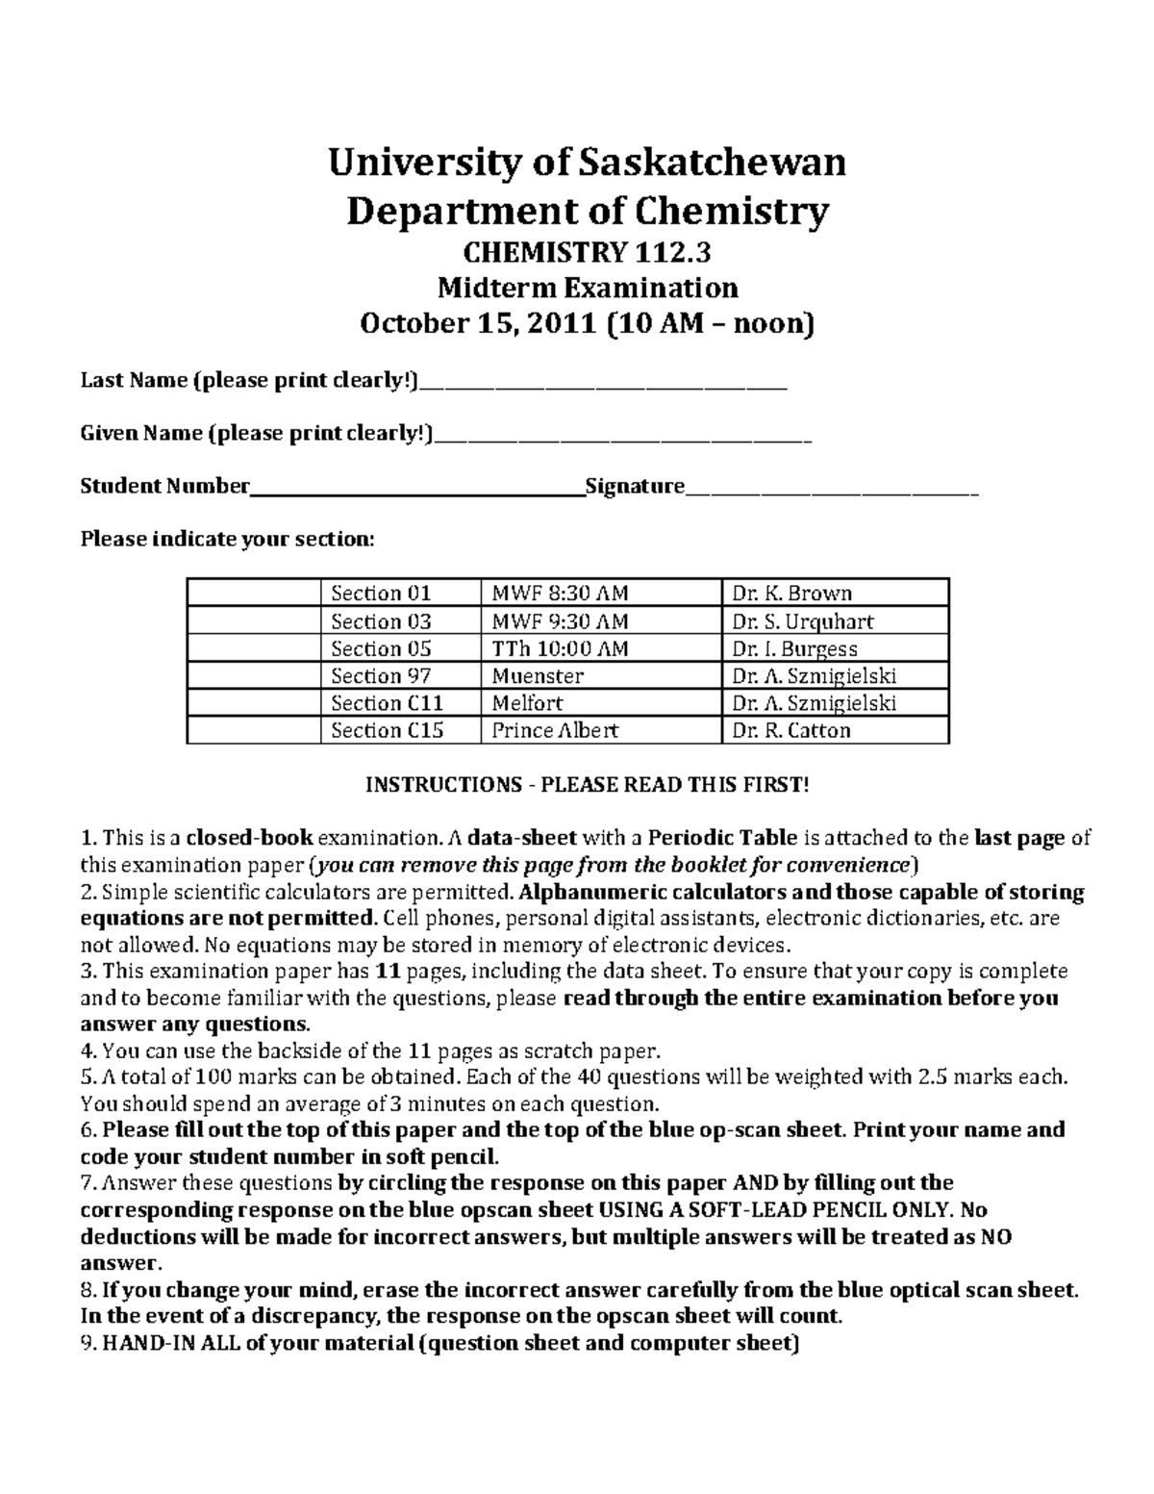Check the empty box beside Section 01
pos(253,593)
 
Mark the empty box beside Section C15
pos(253,730)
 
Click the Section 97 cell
pos(399,675)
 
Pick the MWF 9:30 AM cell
pos(600,620)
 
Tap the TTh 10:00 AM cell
pos(600,648)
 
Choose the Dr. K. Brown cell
pos(834,593)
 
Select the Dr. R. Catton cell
pos(834,730)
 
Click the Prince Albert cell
pos(600,730)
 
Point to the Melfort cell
pos(600,703)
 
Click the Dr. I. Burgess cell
pos(834,648)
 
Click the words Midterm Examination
pos(587,288)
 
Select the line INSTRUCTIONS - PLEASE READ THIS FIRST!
pos(587,785)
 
